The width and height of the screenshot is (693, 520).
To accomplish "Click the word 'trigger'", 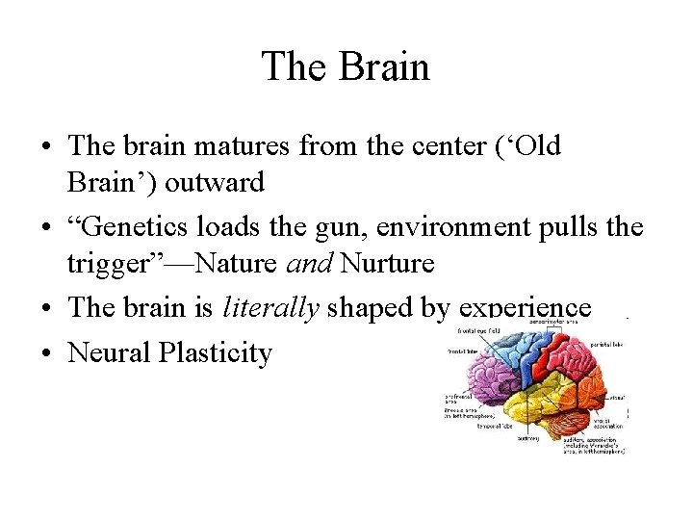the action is pyautogui.click(x=105, y=263).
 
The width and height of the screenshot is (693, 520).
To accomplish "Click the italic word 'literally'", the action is pyautogui.click(x=270, y=307).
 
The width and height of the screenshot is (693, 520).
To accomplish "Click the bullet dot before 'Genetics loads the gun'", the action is pyautogui.click(x=46, y=229).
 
